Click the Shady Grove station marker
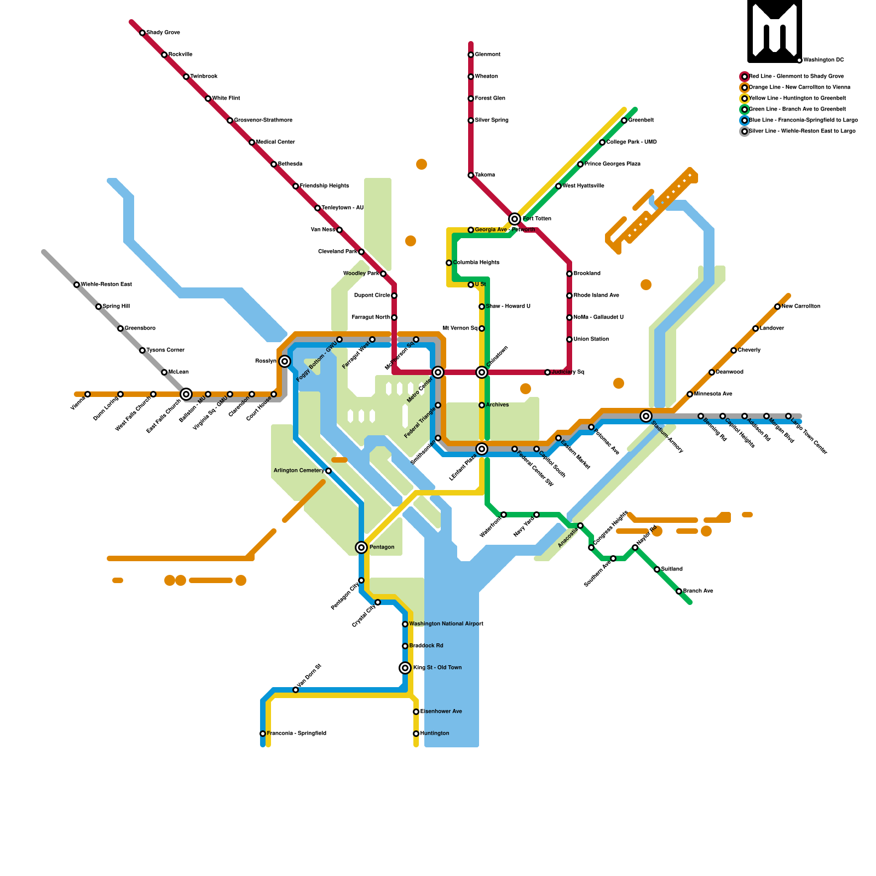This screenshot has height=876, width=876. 142,33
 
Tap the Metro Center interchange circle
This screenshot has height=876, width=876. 438,372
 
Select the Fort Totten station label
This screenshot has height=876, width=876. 537,219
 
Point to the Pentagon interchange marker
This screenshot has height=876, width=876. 361,547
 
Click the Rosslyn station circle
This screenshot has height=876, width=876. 285,361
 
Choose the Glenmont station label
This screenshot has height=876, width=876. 487,55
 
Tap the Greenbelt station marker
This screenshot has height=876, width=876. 624,120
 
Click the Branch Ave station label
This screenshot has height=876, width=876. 698,591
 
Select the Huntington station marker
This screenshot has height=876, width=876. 416,734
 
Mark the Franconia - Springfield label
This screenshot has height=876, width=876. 296,734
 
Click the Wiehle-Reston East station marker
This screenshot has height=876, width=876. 77,285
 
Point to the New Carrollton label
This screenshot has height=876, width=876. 800,307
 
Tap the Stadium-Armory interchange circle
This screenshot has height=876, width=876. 646,416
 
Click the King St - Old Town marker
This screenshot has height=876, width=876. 405,668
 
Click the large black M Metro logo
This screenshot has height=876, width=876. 775,32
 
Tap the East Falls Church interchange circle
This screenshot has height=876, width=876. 186,394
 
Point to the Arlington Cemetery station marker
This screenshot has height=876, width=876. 328,471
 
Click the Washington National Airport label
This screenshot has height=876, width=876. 446,624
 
